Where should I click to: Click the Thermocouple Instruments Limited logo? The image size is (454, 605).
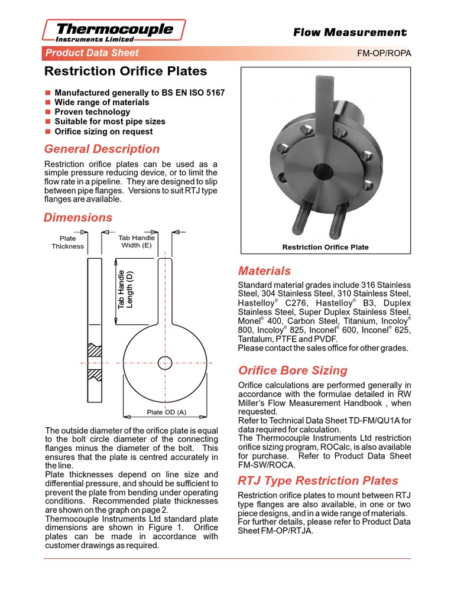[115, 31]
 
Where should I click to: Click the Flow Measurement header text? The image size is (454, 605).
[350, 32]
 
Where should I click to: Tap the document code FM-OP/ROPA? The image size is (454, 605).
[384, 53]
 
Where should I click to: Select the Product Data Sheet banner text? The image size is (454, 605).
[92, 53]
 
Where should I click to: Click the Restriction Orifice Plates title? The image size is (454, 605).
[126, 71]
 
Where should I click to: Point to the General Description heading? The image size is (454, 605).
[102, 149]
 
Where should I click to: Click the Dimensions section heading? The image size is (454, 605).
[78, 217]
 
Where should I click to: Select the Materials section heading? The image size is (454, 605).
[264, 271]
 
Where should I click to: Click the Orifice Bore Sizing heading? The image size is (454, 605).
[293, 370]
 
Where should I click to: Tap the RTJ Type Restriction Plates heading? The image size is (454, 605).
[318, 480]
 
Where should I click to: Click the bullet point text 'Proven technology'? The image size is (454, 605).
[92, 112]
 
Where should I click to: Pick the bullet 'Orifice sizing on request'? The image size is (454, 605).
[103, 132]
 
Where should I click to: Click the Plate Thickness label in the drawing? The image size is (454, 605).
[67, 242]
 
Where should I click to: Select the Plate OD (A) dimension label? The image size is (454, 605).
[166, 412]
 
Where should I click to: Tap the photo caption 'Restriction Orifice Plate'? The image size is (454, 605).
[325, 247]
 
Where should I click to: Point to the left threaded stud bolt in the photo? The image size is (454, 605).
[300, 220]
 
